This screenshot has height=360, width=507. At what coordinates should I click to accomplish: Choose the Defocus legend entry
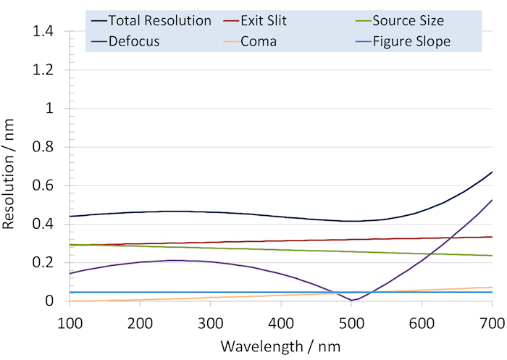click(x=134, y=41)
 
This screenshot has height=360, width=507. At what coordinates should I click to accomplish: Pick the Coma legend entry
click(x=259, y=41)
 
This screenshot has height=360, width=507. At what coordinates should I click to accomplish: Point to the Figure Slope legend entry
click(x=411, y=41)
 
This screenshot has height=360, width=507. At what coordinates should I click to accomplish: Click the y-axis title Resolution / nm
click(x=10, y=166)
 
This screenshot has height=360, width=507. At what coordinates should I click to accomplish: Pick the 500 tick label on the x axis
click(x=351, y=321)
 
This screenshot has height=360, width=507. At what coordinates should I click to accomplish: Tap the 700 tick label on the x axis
click(x=492, y=321)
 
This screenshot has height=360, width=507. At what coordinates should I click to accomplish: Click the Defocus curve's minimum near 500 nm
click(x=352, y=300)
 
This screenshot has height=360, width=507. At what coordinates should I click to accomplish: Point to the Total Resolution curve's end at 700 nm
click(x=492, y=172)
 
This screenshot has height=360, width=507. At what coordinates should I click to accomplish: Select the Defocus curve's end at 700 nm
click(x=492, y=200)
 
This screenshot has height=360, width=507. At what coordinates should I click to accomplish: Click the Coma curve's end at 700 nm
click(x=492, y=288)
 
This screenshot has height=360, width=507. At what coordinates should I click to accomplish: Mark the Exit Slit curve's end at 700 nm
click(x=492, y=237)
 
